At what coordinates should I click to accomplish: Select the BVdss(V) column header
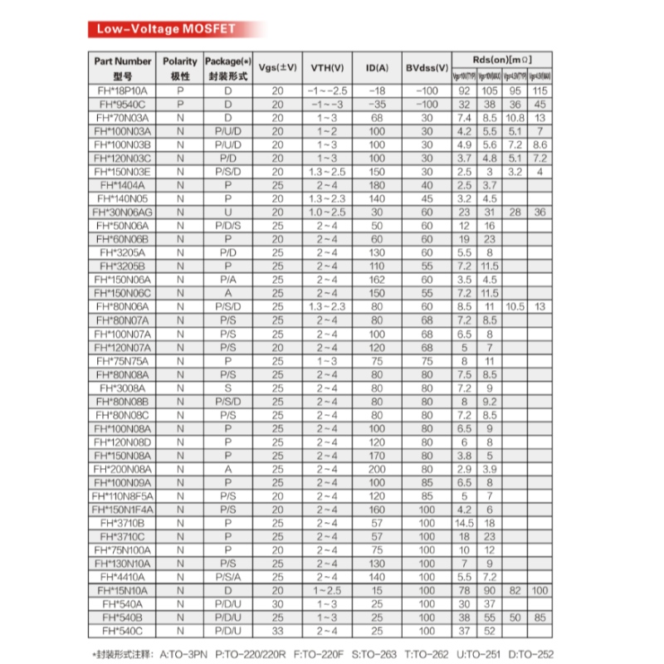point(427,67)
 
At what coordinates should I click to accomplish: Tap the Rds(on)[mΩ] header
point(501,60)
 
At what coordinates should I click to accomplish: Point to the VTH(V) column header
point(327,67)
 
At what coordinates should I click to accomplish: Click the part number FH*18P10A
point(123,90)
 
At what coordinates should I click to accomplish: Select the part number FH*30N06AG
point(123,212)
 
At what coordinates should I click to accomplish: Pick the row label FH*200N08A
point(123,469)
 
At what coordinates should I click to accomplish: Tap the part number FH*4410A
point(123,577)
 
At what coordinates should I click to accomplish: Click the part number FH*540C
point(123,631)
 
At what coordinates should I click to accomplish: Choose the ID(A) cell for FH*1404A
point(378,185)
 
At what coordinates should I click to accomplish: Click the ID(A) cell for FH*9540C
point(378,105)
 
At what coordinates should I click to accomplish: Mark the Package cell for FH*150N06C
point(227,293)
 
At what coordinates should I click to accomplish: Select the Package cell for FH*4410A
point(227,577)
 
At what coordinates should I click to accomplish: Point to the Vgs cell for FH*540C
point(277,631)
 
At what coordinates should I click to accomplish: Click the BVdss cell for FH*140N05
point(427,199)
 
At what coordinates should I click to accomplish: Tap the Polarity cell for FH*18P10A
point(179,90)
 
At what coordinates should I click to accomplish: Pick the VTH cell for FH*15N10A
point(327,590)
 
